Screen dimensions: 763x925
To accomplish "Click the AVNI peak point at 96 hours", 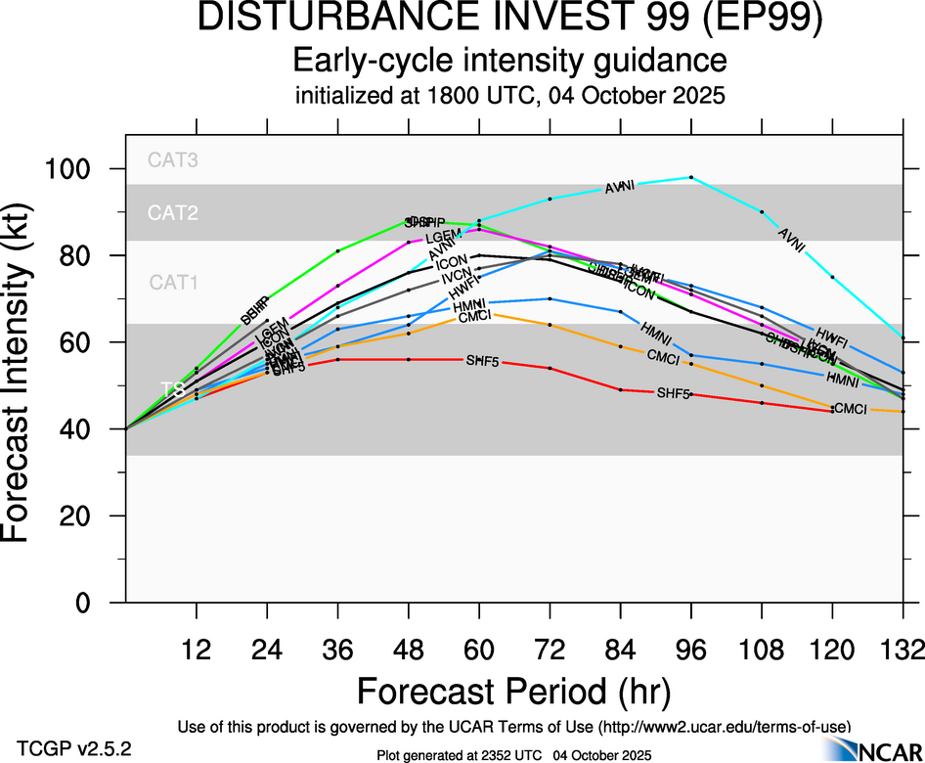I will [x=691, y=177].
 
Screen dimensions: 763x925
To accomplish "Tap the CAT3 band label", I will [x=173, y=160].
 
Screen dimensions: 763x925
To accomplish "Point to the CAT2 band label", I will [x=173, y=212].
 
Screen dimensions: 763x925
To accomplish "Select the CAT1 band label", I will [x=173, y=283].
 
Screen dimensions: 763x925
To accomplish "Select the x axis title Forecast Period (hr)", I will [x=513, y=691].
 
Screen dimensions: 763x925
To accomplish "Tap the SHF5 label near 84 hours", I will [x=673, y=393].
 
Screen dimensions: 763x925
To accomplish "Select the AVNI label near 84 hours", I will [x=620, y=187].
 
